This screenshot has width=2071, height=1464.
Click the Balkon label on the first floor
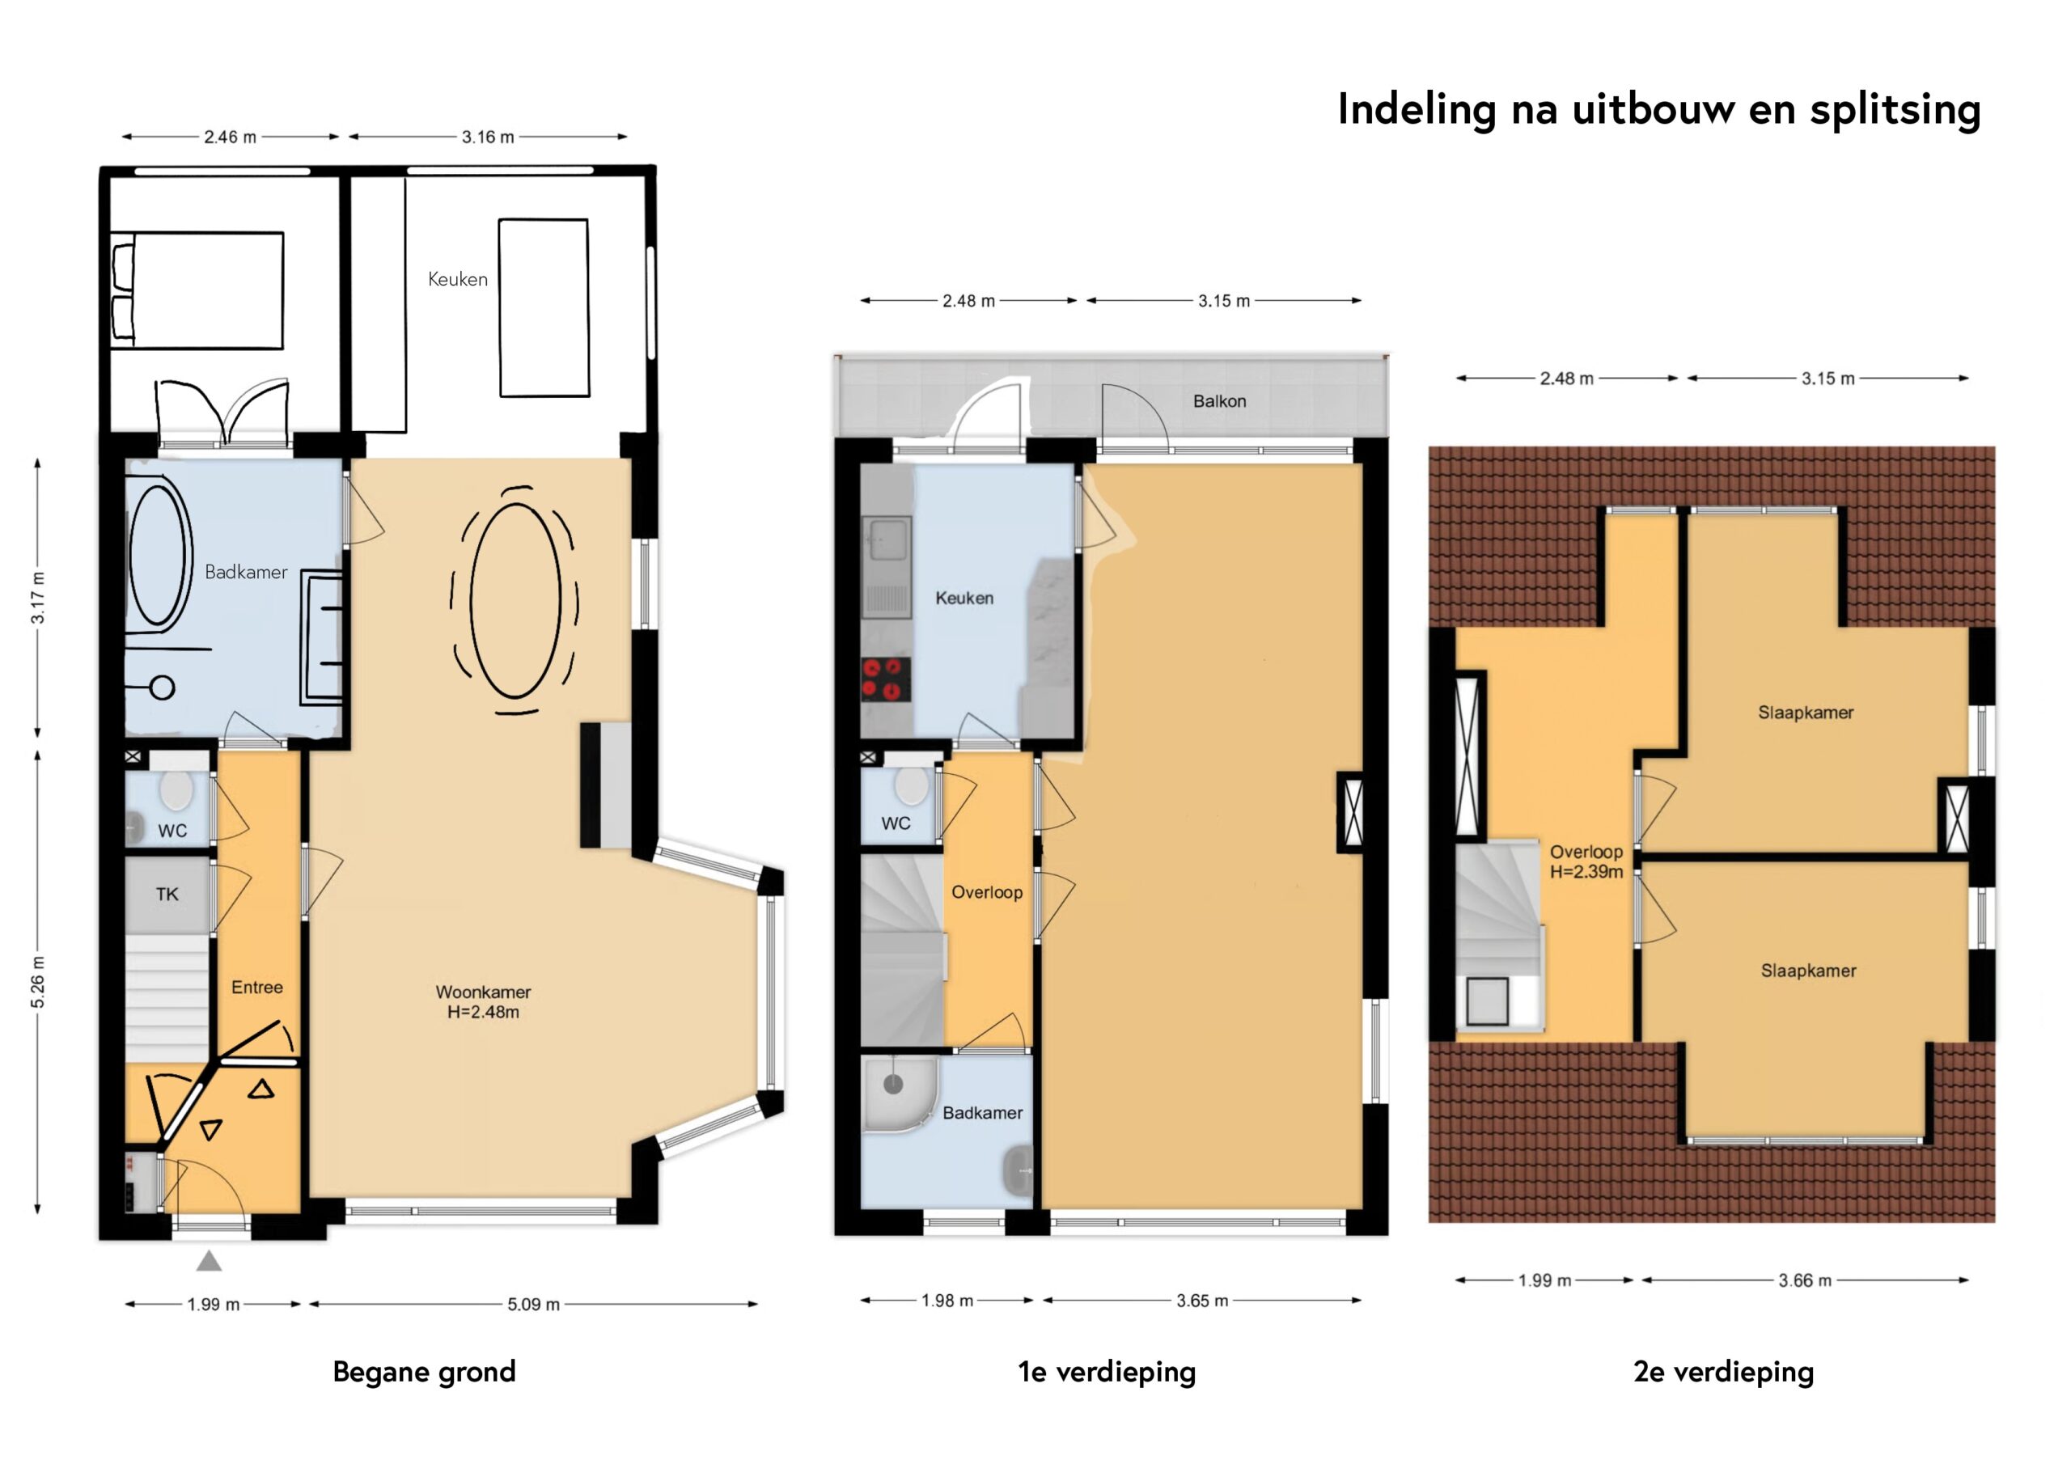click(x=1218, y=401)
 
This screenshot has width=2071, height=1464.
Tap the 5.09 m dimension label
click(x=533, y=1305)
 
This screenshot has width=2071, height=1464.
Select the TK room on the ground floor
click(x=167, y=894)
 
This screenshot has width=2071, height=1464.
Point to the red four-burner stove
click(x=885, y=680)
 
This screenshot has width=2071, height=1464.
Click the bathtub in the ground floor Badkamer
click(x=159, y=556)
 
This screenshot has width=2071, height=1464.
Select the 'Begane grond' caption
click(x=424, y=1372)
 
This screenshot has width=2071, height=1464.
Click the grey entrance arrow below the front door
click(x=210, y=1261)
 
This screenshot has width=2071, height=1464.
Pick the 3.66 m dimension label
click(x=1804, y=1280)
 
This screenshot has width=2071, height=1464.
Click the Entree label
click(x=257, y=987)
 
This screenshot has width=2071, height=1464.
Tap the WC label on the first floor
click(x=896, y=823)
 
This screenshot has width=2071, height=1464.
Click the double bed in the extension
click(x=197, y=290)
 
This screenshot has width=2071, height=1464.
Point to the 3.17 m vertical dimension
click(x=38, y=598)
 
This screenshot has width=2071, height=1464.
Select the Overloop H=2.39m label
click(x=1586, y=861)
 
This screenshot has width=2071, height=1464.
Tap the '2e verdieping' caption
click(x=1723, y=1372)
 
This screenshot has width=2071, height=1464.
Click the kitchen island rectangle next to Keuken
click(x=544, y=307)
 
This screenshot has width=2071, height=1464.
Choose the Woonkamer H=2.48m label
click(x=483, y=1001)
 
